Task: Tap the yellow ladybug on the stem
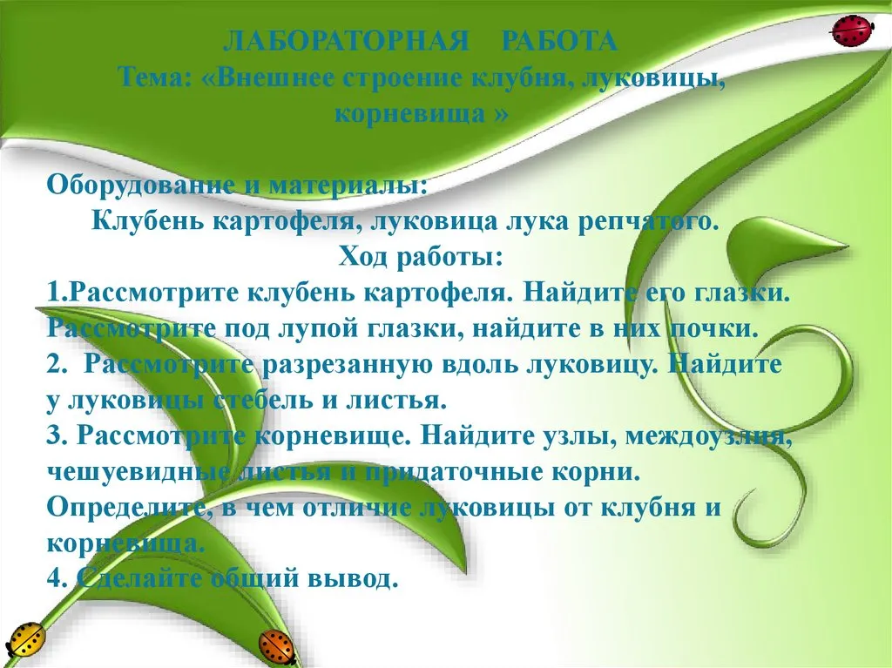coord(26,639)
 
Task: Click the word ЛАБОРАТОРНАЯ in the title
coord(346,42)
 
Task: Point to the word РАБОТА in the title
coord(560,42)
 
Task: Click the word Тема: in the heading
coord(155,78)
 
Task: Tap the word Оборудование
coord(140,186)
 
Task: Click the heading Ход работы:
coord(421,257)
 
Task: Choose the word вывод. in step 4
coord(352,579)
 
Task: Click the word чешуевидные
coord(139,473)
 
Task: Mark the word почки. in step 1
coord(713,329)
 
